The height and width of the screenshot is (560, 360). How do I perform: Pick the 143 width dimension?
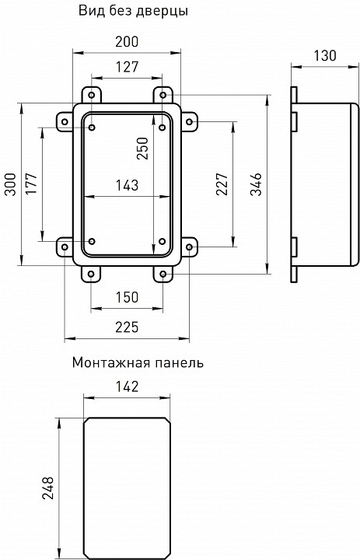coord(126,185)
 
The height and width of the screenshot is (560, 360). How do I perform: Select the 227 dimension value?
coord(222,184)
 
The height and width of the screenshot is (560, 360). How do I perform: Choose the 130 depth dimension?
coord(325,55)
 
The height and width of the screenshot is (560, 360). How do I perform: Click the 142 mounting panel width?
coord(126,386)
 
